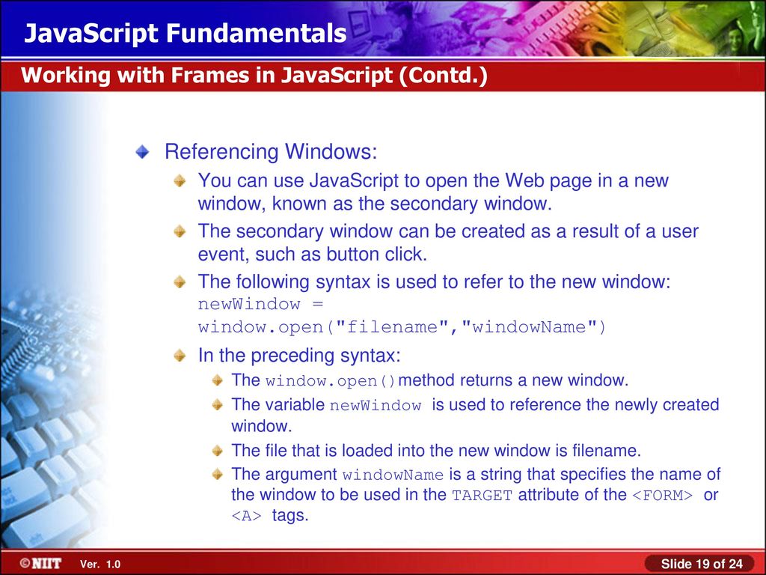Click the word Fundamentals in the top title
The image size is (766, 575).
[x=257, y=33]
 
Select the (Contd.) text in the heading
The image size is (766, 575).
[x=443, y=76]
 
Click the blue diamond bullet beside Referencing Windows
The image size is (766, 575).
[x=142, y=151]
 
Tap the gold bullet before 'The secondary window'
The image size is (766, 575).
[x=180, y=231]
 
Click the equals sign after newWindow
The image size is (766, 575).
[x=317, y=304]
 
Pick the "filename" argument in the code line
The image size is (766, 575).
[x=391, y=326]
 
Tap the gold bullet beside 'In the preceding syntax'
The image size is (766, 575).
[x=180, y=355]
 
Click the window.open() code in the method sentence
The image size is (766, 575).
[x=330, y=381]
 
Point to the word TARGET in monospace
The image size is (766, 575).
[x=482, y=496]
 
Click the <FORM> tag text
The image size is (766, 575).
[x=663, y=496]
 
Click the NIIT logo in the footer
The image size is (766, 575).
[x=41, y=563]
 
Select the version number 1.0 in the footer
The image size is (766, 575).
[x=113, y=565]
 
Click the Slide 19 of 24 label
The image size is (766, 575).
[x=702, y=564]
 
